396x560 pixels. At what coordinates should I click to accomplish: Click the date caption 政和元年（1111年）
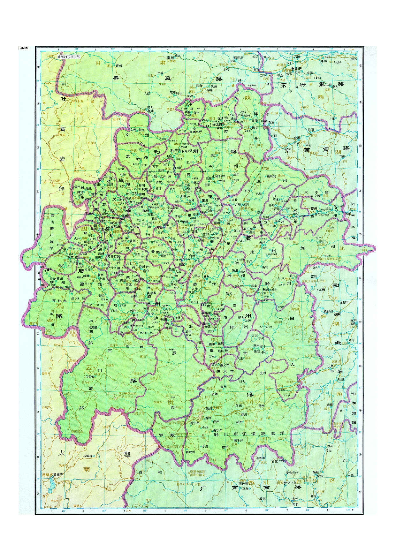[69, 56]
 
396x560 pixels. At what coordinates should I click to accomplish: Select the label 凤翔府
[239, 58]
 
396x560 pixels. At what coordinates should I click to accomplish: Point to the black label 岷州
[119, 65]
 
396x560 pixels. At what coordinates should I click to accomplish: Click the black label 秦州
[170, 58]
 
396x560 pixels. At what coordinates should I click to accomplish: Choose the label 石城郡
[88, 456]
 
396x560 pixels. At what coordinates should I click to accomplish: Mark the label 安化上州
[278, 461]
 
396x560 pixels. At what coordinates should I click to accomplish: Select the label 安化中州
[292, 473]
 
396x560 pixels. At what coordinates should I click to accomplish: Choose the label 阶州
[150, 108]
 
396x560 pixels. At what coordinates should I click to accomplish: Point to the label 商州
[335, 86]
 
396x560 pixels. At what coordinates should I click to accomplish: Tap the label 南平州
[238, 441]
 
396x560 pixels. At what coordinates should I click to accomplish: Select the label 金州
[297, 138]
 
